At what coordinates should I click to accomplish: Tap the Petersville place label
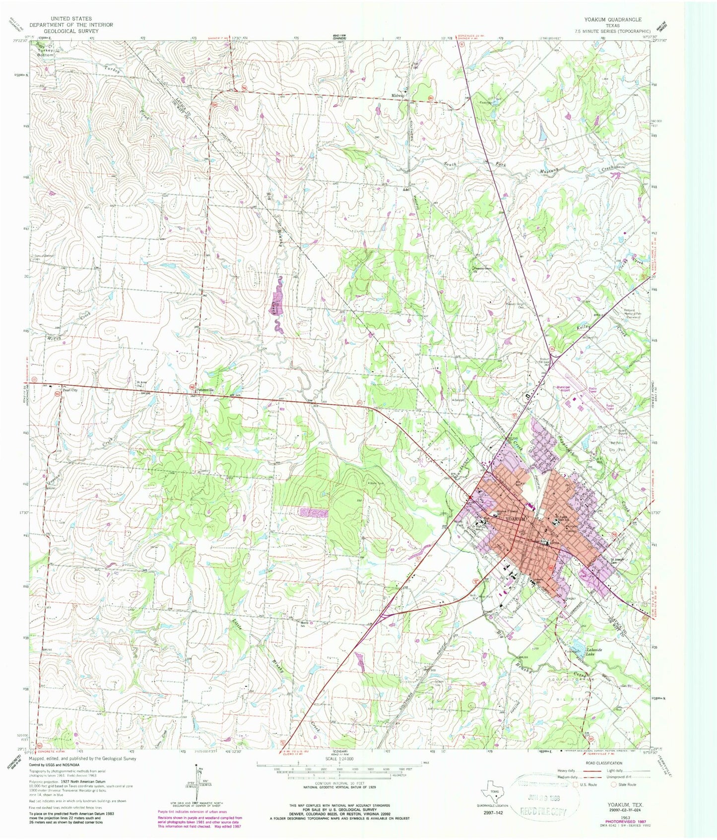tap(204, 390)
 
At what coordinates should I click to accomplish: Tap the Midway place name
tap(398, 95)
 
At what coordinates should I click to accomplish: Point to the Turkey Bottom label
tap(45, 52)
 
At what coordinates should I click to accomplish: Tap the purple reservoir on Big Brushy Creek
tap(277, 304)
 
